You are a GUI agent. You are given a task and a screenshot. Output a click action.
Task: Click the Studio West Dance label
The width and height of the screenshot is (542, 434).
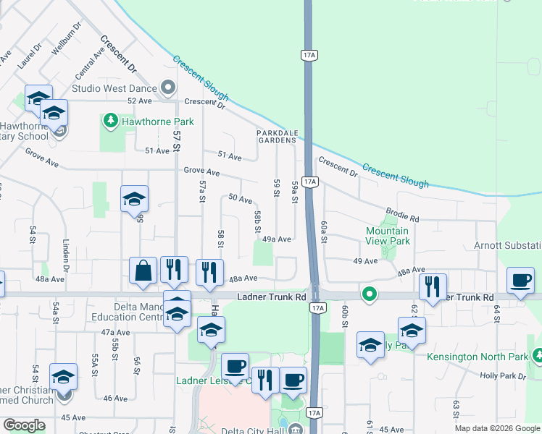[114, 88]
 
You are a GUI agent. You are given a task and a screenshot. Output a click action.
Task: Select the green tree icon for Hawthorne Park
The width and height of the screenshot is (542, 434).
[111, 119]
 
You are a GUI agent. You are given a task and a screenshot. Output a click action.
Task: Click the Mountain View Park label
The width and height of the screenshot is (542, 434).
[388, 236]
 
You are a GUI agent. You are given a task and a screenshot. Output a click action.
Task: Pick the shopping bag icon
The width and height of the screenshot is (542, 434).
[143, 271]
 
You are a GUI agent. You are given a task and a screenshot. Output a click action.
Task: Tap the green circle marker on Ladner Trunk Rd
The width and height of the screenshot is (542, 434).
[370, 294]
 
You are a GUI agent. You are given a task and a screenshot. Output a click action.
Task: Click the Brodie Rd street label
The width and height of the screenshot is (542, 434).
[403, 215]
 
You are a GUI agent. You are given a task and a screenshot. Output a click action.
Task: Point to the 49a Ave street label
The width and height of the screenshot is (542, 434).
[277, 239]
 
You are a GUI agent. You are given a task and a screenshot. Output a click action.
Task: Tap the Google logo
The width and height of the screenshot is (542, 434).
[25, 425]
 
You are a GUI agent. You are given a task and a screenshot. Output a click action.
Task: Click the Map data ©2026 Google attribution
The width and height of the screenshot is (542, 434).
[496, 428]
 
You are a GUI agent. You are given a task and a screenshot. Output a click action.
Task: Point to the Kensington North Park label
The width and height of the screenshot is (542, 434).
[487, 357]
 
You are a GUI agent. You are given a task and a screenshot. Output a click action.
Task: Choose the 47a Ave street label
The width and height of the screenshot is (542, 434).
[115, 332]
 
